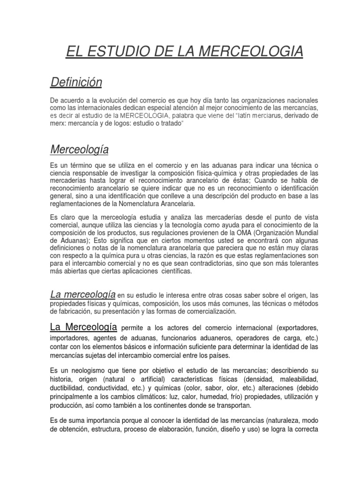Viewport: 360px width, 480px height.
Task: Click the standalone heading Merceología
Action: click(x=79, y=150)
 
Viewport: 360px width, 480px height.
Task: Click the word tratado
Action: click(x=168, y=123)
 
